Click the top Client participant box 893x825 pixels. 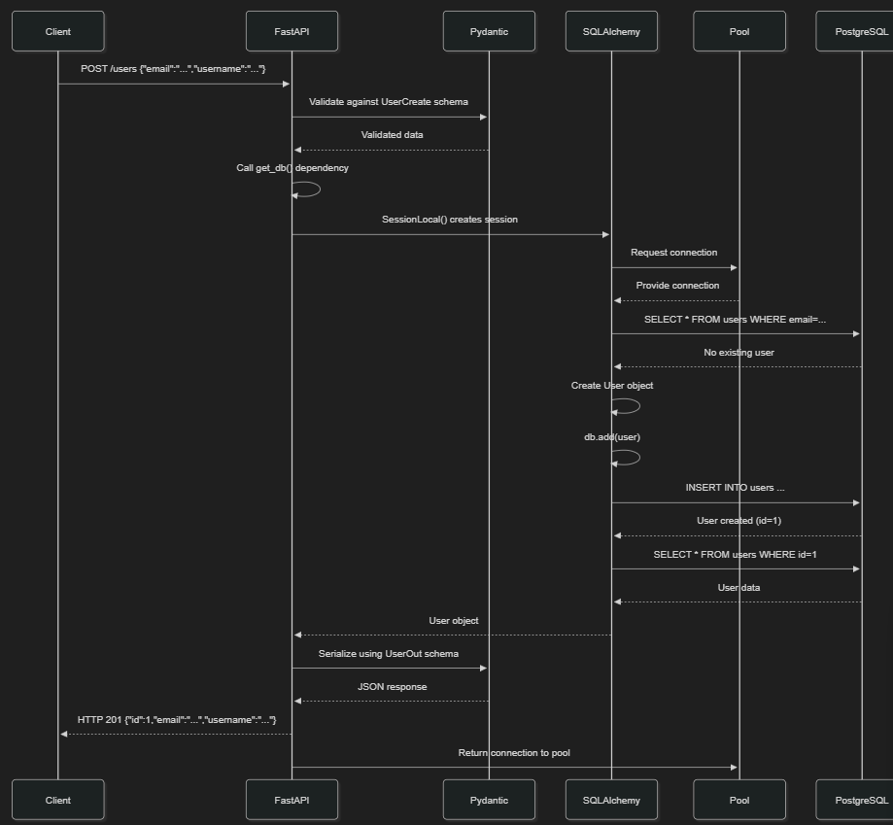[58, 31]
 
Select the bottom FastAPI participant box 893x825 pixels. [292, 800]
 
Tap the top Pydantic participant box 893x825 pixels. [489, 31]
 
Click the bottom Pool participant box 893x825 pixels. [739, 800]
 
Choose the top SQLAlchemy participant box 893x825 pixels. [611, 31]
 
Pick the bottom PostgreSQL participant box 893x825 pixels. [857, 800]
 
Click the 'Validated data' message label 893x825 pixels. [392, 135]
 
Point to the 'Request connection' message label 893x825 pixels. [673, 253]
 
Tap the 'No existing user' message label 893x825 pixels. [738, 353]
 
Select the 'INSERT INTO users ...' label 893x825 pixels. [735, 488]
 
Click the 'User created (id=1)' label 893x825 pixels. [738, 521]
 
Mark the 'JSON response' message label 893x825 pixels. [392, 687]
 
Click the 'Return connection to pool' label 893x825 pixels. [514, 753]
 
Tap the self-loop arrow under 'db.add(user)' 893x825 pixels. [639, 457]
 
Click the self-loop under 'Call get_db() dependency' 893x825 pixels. [320, 189]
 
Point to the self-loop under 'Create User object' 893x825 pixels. [639, 406]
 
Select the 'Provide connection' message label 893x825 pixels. [677, 286]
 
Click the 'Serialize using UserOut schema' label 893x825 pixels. [389, 654]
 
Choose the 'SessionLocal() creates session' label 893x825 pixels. [449, 220]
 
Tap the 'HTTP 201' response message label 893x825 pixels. [177, 720]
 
